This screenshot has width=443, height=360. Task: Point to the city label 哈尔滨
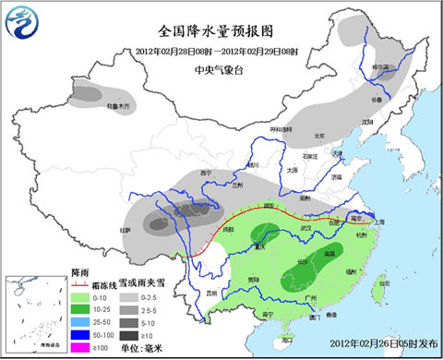click(x=381, y=68)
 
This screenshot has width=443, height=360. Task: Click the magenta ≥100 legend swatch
click(x=80, y=344)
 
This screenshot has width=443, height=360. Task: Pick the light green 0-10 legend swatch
click(x=80, y=296)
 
